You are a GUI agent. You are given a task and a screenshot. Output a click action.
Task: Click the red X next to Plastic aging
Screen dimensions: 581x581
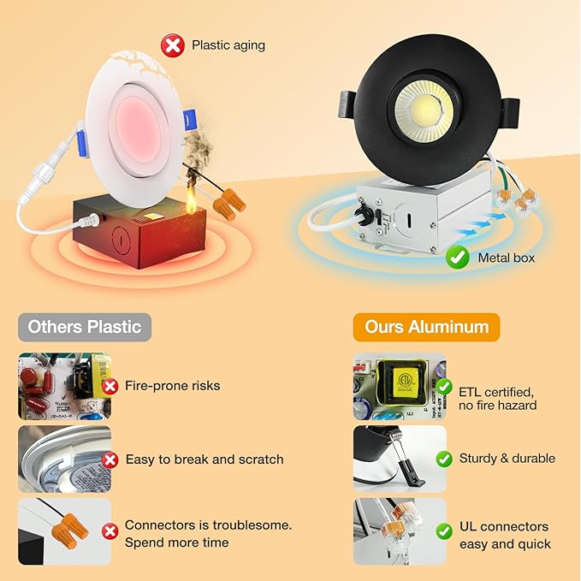(174, 45)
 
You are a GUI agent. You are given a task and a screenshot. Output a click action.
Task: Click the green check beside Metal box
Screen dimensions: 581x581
(458, 256)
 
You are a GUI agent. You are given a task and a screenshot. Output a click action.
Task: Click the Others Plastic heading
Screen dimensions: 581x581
(85, 327)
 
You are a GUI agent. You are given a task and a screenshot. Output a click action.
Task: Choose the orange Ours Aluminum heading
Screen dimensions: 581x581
(427, 327)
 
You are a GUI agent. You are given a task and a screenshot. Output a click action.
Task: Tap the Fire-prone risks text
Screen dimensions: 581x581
(172, 386)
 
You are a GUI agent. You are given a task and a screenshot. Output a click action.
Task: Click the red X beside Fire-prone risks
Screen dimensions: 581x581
(110, 386)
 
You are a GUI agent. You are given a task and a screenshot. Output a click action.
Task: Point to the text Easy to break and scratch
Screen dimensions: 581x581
(205, 459)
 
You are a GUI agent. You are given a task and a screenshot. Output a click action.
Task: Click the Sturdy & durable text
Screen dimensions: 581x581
(507, 459)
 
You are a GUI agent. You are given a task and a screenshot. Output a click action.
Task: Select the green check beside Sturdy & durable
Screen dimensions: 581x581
(444, 459)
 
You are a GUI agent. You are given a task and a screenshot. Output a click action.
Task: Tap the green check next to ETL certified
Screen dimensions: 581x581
(444, 387)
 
